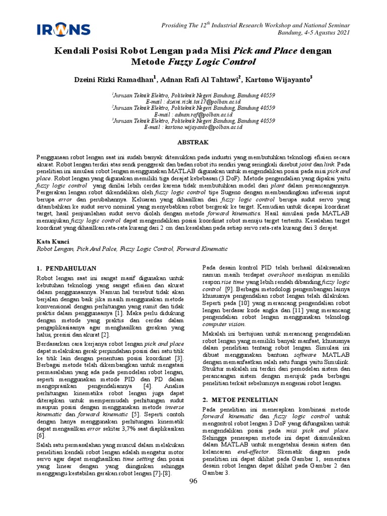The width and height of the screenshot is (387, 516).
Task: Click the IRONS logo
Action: pyautogui.click(x=63, y=30)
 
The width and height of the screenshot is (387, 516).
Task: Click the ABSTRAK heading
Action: pyautogui.click(x=193, y=143)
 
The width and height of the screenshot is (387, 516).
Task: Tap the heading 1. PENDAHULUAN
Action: pyautogui.click(x=67, y=268)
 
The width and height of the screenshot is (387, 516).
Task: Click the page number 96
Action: pyautogui.click(x=193, y=481)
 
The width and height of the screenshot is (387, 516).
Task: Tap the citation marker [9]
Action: pyautogui.click(x=229, y=290)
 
